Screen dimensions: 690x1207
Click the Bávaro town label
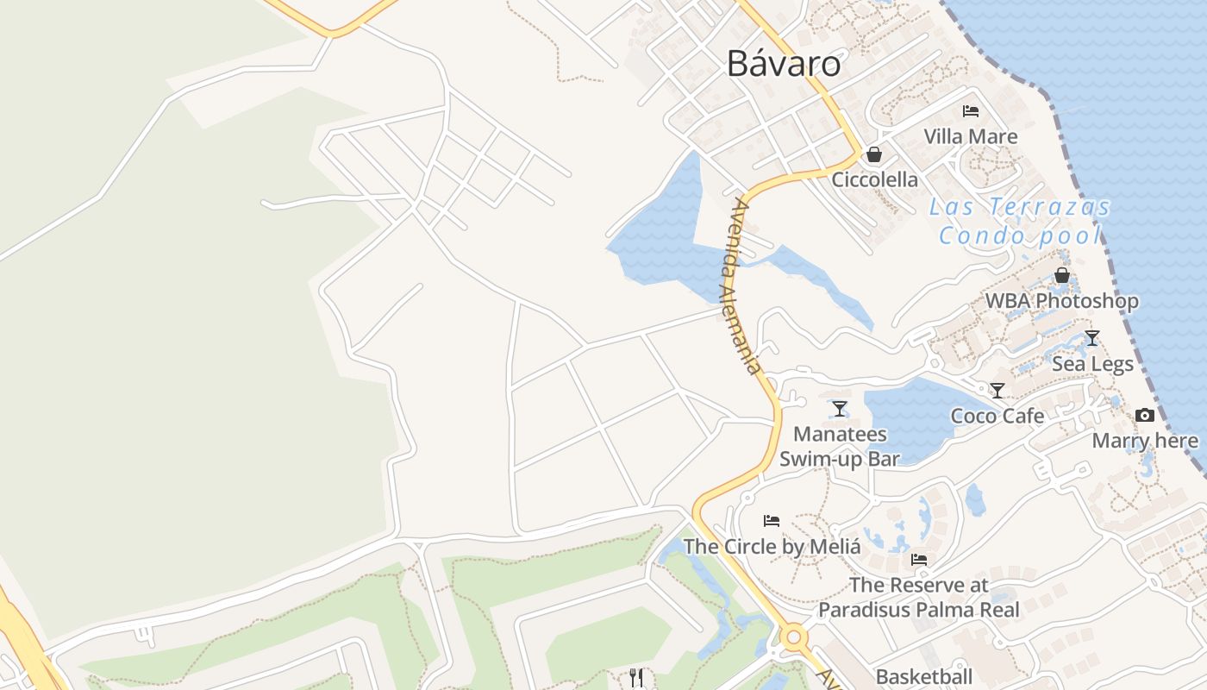point(783,63)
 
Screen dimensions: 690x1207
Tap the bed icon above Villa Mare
point(971,111)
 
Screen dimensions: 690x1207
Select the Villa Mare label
point(971,136)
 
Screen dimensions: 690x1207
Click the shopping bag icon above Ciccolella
point(874,154)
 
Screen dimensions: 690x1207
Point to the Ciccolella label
point(874,180)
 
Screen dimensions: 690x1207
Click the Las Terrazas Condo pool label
point(1020,221)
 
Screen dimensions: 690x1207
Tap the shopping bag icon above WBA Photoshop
point(1062,275)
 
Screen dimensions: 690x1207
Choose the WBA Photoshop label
point(1062,301)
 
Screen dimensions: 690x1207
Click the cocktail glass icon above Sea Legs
point(1092,338)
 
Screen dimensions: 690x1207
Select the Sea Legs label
point(1092,364)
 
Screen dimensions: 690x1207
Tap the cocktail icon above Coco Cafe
point(997,391)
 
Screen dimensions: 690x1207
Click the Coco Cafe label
point(997,417)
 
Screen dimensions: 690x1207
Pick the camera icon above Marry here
point(1145,416)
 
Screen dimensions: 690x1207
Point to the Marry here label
point(1145,442)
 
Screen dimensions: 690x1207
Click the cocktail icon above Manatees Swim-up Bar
point(840,409)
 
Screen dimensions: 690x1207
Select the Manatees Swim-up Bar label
point(840,446)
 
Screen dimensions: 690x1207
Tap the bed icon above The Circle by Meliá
point(772,521)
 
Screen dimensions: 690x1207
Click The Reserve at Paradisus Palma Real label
point(919,597)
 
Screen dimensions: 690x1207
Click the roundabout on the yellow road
point(794,639)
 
